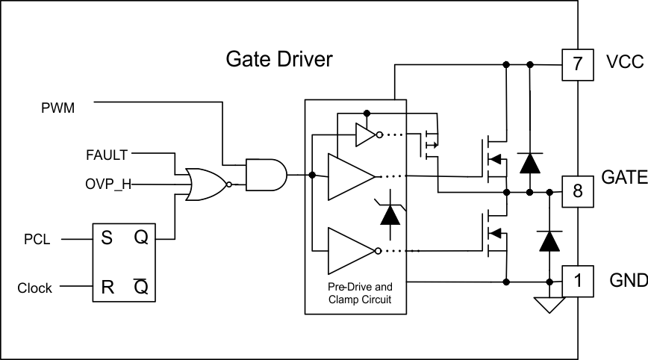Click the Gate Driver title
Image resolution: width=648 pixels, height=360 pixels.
[x=279, y=60]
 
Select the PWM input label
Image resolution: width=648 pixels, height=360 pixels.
[x=57, y=108]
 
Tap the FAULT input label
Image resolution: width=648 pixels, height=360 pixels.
[x=107, y=155]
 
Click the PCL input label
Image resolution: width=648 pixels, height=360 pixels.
[x=37, y=240]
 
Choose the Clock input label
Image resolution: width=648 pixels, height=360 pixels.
[x=35, y=288]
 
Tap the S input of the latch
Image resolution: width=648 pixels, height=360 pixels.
[x=107, y=239]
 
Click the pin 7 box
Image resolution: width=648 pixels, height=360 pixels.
[x=578, y=64]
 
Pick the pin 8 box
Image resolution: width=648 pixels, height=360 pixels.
[x=578, y=192]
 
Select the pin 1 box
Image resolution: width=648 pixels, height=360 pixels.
[x=578, y=281]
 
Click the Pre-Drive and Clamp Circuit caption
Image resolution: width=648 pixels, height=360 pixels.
[x=355, y=294]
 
